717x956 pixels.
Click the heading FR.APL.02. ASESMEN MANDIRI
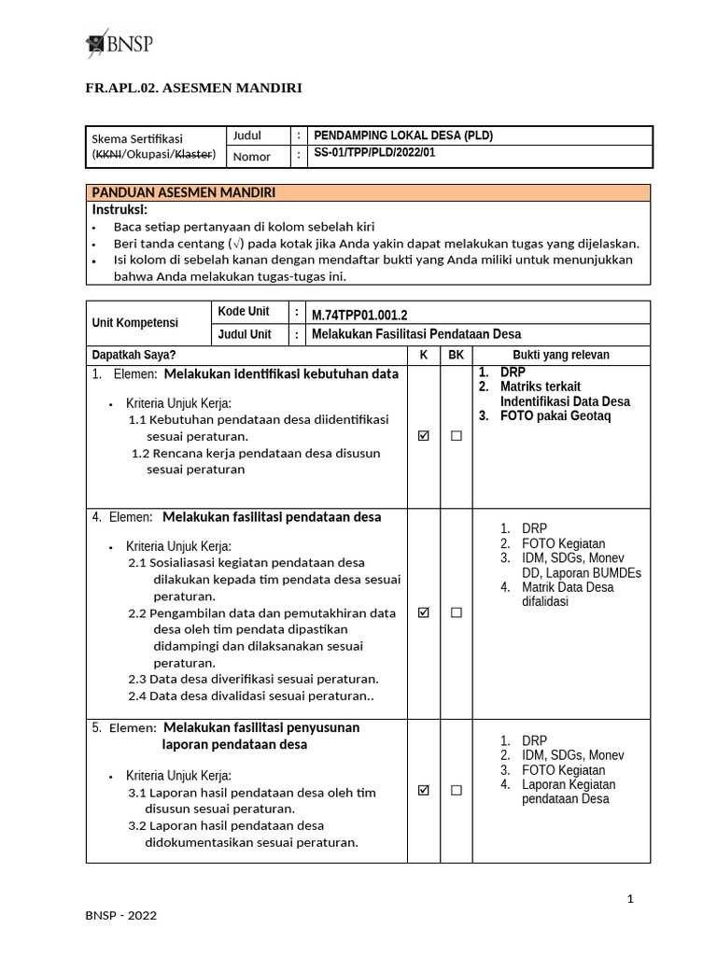coord(193,88)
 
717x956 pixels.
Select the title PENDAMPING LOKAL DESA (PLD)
coord(403,135)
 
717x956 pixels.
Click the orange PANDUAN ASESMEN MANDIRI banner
coord(368,192)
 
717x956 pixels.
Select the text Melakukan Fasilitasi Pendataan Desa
coord(416,334)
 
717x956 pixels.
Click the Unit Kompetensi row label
coord(134,323)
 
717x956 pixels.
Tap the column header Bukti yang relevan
coord(561,355)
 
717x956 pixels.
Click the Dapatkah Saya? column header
coord(133,355)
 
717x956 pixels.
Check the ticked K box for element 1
coord(424,436)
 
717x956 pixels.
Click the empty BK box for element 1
coord(456,436)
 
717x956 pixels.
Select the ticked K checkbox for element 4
coord(424,612)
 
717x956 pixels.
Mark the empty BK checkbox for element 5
coord(456,790)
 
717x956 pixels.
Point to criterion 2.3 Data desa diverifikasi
coord(253,679)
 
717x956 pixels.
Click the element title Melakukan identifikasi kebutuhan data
coord(281,374)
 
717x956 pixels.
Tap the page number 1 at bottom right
coord(630,899)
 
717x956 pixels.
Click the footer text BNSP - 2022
coord(121,916)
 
